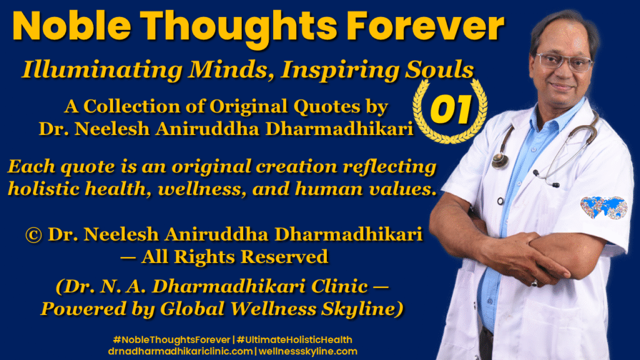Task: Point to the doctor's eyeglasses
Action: point(564,62)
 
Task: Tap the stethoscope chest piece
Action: point(500,161)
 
